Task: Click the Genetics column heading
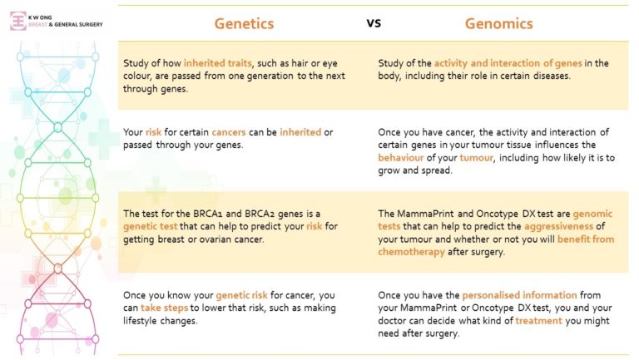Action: (244, 23)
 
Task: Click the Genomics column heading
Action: (499, 23)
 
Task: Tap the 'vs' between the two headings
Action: (374, 22)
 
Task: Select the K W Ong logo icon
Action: (18, 21)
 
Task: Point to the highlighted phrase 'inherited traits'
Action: (215, 63)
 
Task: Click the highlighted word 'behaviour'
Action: (405, 156)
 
